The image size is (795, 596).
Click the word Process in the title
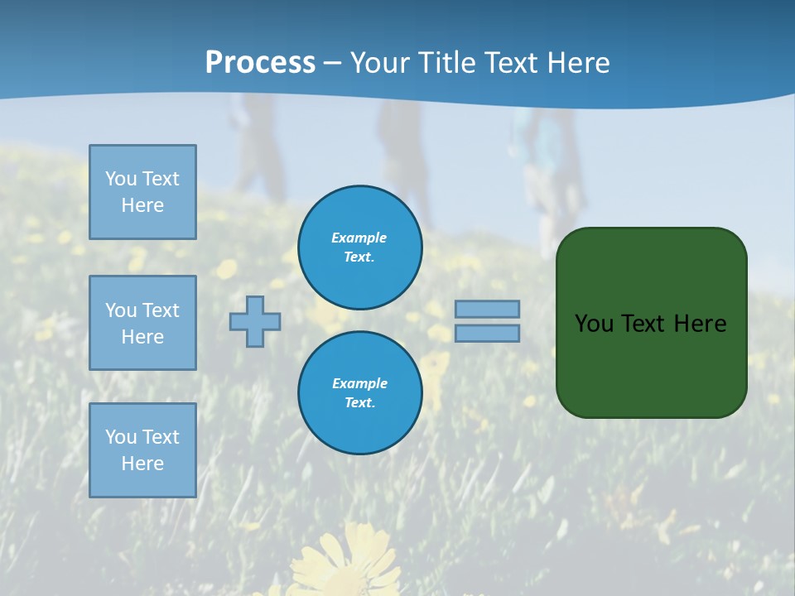(x=260, y=63)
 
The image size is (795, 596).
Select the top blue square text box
(x=142, y=192)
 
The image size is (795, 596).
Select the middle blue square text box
(x=142, y=323)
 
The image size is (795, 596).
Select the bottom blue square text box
(x=142, y=450)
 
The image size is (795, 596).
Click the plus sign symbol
(x=255, y=321)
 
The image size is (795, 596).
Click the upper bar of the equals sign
(x=488, y=309)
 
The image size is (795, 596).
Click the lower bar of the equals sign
(x=488, y=333)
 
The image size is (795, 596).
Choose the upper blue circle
(x=360, y=247)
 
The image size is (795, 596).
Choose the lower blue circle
(x=360, y=392)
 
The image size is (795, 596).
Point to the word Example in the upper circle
(x=359, y=238)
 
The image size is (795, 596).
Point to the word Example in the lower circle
(x=359, y=383)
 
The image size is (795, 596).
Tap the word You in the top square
(x=120, y=179)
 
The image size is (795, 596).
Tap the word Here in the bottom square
(x=142, y=464)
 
